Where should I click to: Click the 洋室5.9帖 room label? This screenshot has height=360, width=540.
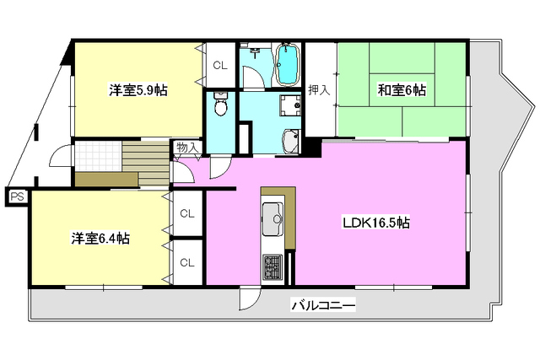coord(137,90)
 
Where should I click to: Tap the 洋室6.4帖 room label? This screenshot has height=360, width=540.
coord(100,239)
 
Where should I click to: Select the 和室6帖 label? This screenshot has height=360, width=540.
coord(401,89)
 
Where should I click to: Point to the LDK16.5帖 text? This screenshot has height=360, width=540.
coord(375,223)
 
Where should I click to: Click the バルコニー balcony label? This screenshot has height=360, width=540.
coord(323,305)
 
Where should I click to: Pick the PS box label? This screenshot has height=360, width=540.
coord(16,196)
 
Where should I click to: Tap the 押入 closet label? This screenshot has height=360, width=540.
coord(318,90)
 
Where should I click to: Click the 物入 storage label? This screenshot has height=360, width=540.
coord(186,148)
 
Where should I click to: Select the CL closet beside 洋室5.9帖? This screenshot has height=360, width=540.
coord(219,65)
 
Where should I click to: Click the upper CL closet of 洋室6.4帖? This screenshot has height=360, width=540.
coord(186,214)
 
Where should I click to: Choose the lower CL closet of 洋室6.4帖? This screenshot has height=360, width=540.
coord(186,262)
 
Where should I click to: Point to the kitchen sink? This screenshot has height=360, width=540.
coord(274,219)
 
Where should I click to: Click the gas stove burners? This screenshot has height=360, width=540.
coord(274,268)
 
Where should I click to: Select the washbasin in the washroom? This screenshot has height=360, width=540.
coord(290,142)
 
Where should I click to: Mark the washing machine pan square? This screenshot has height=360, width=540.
coord(292,107)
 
